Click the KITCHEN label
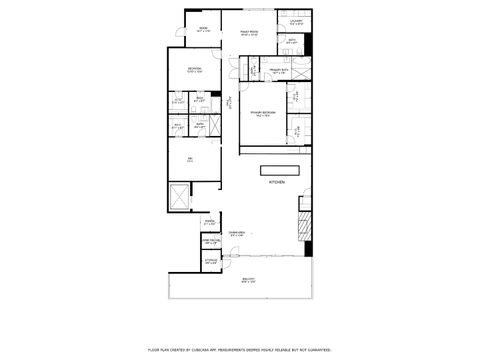(x=276, y=184)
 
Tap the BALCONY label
(x=247, y=281)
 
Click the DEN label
(x=188, y=159)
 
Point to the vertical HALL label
(x=230, y=101)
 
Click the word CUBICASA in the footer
(x=214, y=350)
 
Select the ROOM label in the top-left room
(x=202, y=30)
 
